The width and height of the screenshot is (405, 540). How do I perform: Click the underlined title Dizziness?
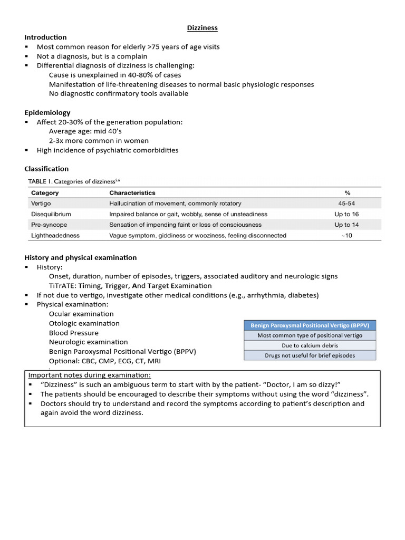click(202, 27)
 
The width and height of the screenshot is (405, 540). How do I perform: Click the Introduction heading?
click(46, 37)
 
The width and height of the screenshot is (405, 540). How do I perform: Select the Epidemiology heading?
click(47, 112)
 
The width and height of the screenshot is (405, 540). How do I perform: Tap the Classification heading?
click(46, 169)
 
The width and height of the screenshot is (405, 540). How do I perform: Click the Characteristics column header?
click(132, 193)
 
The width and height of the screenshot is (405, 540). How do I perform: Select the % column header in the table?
click(346, 193)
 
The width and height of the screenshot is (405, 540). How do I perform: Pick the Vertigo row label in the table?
click(42, 204)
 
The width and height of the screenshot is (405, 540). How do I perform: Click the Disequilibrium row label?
click(51, 214)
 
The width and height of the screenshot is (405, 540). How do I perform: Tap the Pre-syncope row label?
click(49, 225)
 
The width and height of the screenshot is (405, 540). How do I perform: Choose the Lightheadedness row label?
click(55, 235)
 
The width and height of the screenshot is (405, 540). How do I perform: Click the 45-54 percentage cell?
click(346, 204)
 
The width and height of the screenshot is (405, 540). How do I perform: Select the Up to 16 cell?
click(346, 214)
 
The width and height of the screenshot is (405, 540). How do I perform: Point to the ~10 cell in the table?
click(346, 235)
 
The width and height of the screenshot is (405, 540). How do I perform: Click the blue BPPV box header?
click(310, 325)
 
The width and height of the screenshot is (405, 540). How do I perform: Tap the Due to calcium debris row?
click(310, 345)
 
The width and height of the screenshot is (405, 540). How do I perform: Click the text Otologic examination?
click(84, 323)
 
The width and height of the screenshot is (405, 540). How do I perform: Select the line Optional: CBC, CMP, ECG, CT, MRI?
click(105, 361)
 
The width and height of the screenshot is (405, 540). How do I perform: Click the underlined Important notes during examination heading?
click(89, 375)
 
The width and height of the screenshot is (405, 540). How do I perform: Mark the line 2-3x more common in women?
click(99, 141)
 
